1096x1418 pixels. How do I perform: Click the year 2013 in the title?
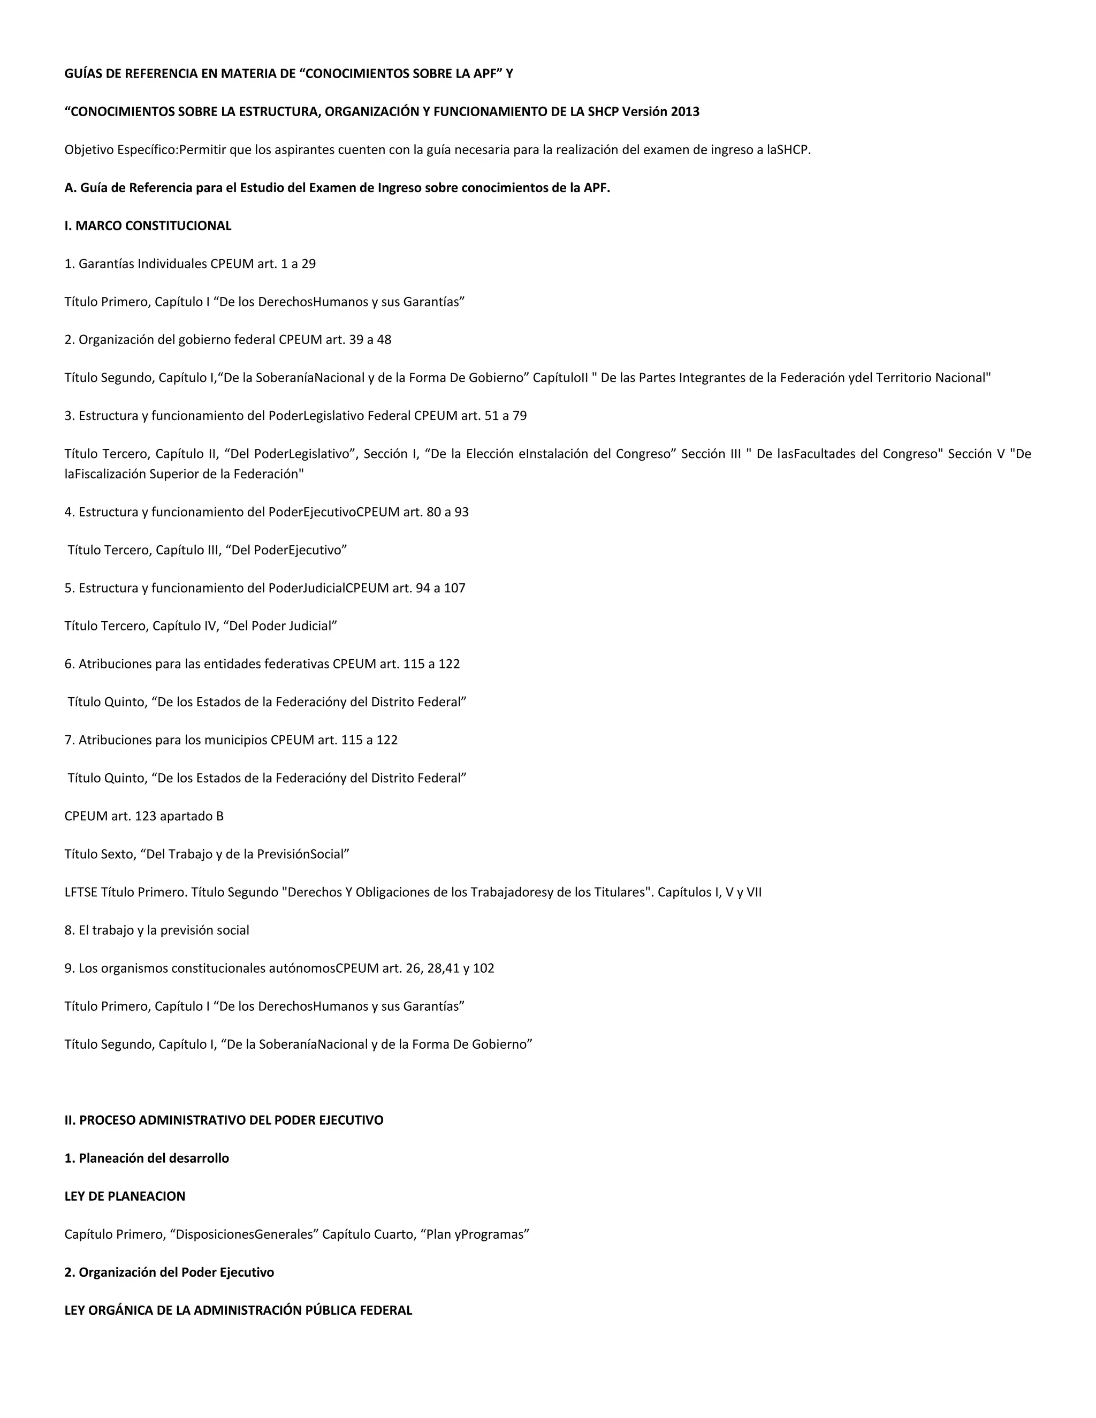point(685,112)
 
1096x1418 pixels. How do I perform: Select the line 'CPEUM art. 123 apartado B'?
point(143,816)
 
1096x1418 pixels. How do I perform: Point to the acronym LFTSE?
point(80,892)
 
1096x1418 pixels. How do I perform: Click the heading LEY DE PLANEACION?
point(125,1196)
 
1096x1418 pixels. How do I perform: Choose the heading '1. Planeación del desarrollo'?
point(146,1158)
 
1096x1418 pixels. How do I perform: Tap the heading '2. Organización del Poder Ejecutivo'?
point(169,1272)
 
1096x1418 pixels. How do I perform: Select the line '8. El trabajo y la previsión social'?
point(156,931)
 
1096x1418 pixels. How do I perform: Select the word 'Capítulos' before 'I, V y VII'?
point(684,892)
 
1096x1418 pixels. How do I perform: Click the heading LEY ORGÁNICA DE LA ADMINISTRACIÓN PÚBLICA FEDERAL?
point(238,1310)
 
